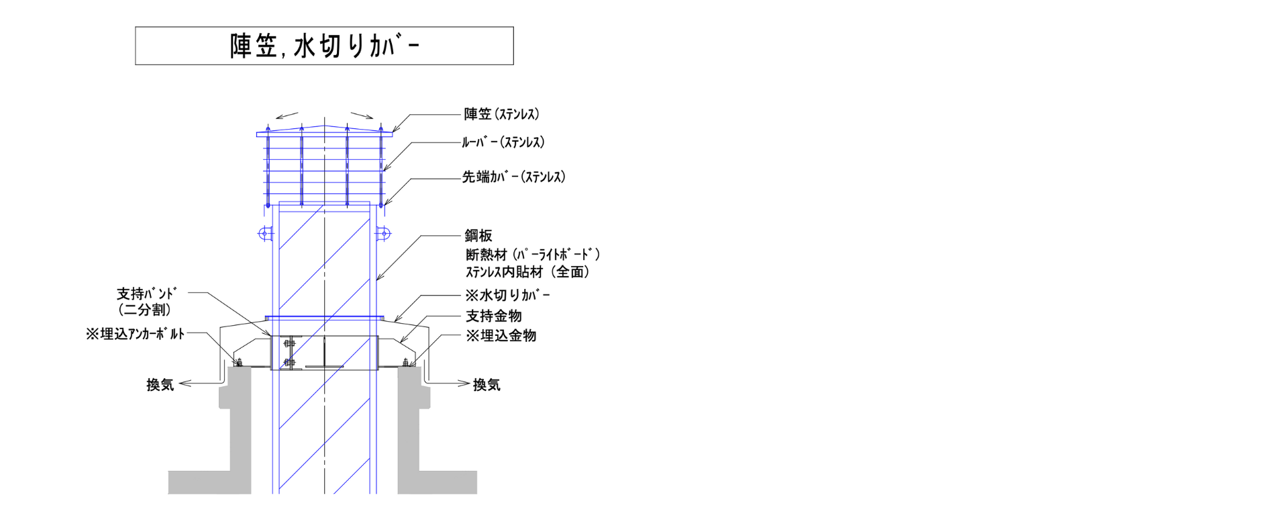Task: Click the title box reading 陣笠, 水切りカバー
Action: click(324, 46)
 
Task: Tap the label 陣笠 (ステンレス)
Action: click(501, 114)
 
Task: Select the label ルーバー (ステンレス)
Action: click(503, 142)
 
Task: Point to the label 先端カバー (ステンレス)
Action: click(513, 177)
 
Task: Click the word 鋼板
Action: click(478, 236)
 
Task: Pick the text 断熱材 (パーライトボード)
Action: click(533, 255)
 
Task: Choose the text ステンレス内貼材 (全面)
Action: click(527, 272)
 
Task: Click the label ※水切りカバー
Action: click(508, 295)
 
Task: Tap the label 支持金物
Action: click(494, 316)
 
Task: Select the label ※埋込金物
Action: click(501, 335)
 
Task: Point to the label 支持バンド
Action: click(146, 294)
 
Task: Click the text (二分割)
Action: click(144, 310)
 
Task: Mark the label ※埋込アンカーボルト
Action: click(135, 334)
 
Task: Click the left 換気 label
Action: click(160, 385)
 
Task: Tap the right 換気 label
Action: click(487, 385)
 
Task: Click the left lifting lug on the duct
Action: click(264, 234)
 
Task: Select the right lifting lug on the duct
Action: click(383, 234)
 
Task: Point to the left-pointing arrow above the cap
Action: click(287, 115)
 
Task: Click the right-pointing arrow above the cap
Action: click(362, 115)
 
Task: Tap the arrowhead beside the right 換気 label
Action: click(464, 384)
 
